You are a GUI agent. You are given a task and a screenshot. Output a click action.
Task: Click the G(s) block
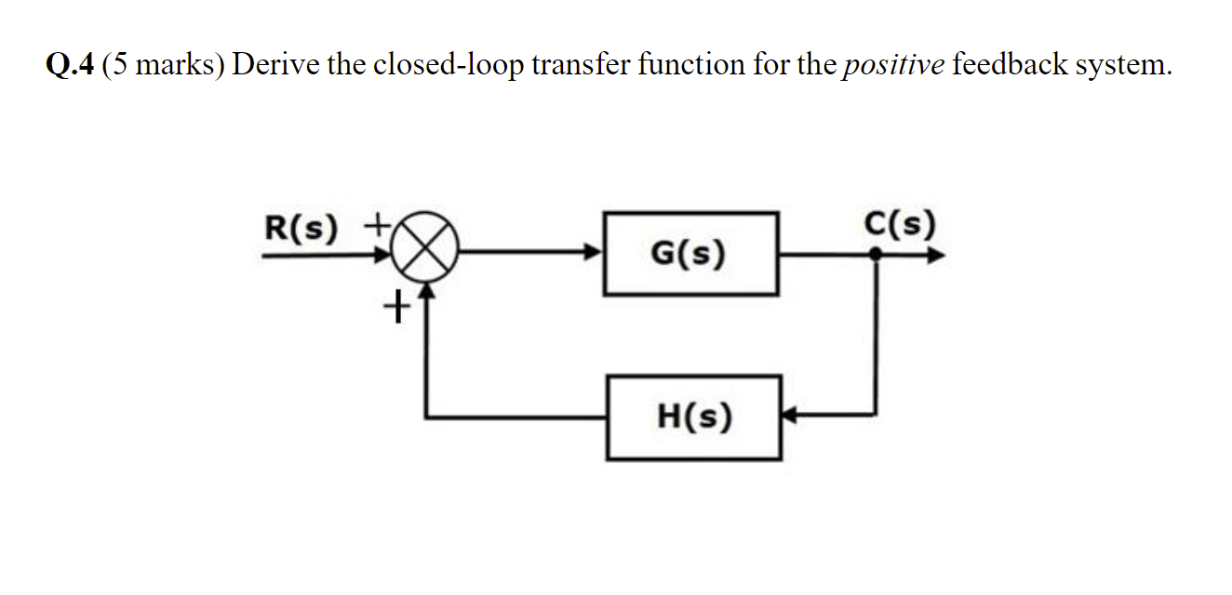click(x=690, y=253)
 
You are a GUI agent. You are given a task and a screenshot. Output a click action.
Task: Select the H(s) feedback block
click(x=693, y=417)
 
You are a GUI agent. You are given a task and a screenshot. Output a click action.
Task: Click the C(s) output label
click(x=899, y=224)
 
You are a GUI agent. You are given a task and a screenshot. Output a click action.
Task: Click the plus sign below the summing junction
click(x=397, y=305)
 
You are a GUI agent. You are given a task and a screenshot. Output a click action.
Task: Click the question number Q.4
click(x=70, y=64)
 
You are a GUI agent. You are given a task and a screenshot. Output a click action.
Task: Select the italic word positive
click(x=893, y=65)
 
